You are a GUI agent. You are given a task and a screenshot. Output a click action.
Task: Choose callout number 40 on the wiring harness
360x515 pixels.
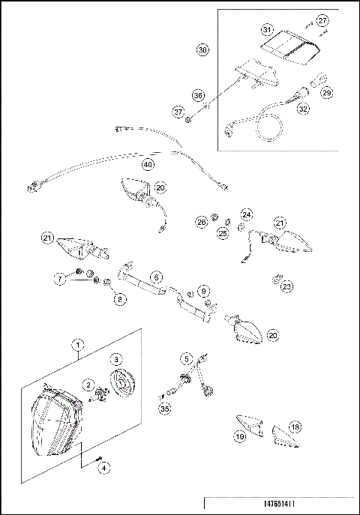148,164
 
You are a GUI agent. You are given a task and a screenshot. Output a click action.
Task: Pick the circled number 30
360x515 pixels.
202,50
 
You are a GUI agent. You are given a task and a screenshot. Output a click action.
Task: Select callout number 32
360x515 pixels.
303,108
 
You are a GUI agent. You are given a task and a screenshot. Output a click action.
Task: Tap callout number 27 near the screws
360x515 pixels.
322,19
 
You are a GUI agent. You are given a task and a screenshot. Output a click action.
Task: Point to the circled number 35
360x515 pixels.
165,409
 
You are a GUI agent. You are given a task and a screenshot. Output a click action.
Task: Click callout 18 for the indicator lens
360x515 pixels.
295,427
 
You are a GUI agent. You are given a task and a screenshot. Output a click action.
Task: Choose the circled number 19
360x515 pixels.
240,436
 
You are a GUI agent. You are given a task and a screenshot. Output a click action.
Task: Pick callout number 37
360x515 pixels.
178,112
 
